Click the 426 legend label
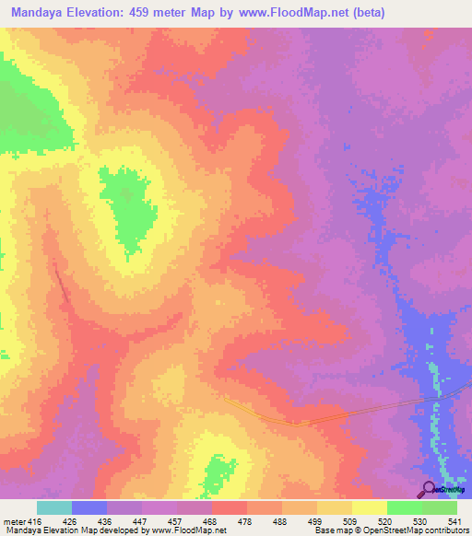(x=68, y=521)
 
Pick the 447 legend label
(x=138, y=521)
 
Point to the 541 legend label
(x=454, y=521)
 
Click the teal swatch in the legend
(x=54, y=507)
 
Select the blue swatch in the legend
(x=89, y=507)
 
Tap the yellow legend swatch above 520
(x=370, y=507)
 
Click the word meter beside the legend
(x=13, y=521)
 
